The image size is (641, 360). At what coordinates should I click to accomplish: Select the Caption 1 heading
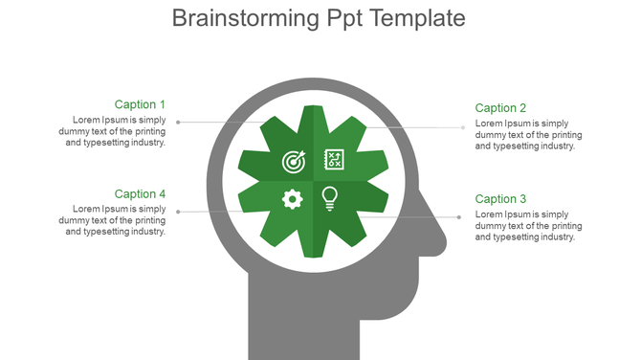(x=140, y=104)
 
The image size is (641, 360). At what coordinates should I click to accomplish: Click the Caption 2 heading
(x=500, y=108)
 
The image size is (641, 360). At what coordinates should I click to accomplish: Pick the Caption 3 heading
(x=500, y=199)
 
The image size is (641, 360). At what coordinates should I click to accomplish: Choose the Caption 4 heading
(x=140, y=194)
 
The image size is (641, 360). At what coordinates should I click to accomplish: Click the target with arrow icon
(x=294, y=161)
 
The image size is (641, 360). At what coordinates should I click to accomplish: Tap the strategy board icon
(x=334, y=159)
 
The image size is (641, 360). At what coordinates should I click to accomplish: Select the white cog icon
(x=293, y=198)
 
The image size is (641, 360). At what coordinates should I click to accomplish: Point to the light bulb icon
(x=330, y=198)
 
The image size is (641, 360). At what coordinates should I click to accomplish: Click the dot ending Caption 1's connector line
(x=178, y=122)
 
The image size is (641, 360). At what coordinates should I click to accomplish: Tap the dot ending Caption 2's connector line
(x=464, y=126)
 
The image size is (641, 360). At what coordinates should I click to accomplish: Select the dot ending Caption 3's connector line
(x=459, y=217)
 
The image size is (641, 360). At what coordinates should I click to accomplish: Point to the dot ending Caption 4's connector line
(x=178, y=212)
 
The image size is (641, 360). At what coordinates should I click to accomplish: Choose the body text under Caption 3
(x=528, y=226)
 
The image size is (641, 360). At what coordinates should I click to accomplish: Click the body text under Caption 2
(x=528, y=135)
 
